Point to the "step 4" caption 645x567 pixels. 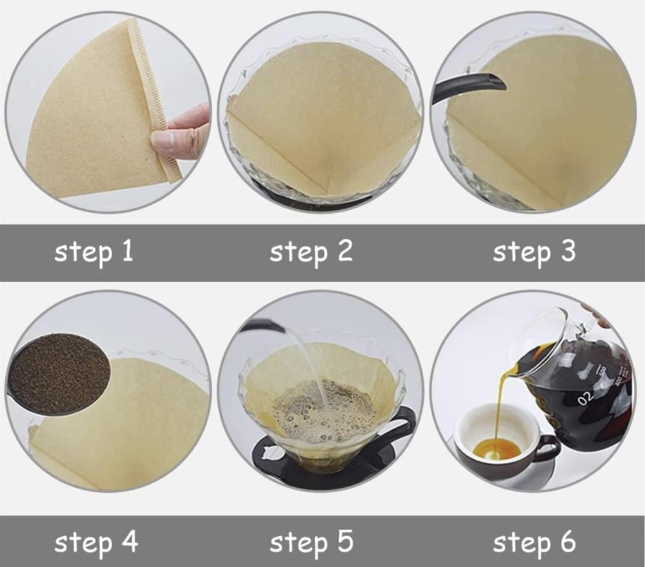96,543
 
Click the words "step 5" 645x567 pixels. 312,543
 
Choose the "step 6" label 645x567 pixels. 534,543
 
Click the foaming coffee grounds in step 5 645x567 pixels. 324,411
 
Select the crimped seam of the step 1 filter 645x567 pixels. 155,99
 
